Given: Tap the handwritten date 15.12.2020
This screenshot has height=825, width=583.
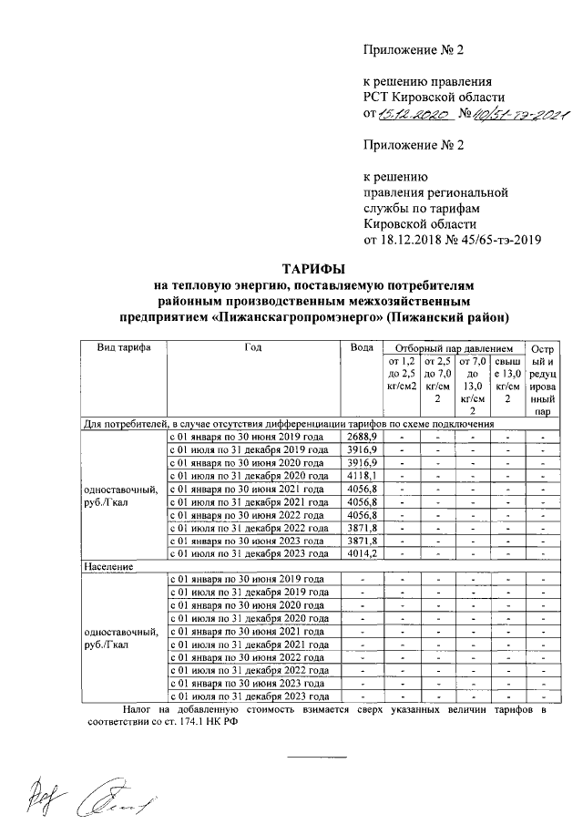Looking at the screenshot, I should (x=411, y=115).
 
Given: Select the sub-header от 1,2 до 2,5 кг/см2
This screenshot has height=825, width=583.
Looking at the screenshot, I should (x=402, y=374).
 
